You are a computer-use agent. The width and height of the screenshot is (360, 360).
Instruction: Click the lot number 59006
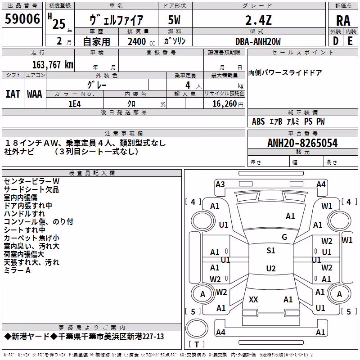22,19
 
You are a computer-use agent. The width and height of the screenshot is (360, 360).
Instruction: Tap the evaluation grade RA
343,21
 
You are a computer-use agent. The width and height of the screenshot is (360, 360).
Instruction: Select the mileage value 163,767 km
53,65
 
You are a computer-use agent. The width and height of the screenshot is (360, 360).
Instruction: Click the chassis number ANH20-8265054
302,143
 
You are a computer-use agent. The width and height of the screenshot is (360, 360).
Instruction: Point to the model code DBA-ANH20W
258,41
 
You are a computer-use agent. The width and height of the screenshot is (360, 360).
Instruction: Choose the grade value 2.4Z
258,20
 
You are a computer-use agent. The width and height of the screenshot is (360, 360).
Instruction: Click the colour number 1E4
75,104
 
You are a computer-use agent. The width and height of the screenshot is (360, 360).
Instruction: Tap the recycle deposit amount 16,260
225,104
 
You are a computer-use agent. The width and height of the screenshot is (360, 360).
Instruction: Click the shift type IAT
13,94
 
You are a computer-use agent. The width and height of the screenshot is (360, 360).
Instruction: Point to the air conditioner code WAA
35,94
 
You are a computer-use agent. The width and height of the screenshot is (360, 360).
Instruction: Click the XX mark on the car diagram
253,299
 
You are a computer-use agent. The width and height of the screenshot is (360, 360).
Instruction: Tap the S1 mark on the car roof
271,251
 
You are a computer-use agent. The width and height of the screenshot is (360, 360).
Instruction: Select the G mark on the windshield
284,237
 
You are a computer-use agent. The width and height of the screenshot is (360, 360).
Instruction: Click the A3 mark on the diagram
220,184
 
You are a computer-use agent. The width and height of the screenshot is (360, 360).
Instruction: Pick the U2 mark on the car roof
271,268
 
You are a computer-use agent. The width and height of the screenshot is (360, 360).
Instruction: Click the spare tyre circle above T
197,328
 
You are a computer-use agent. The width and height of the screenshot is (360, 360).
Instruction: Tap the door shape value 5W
174,20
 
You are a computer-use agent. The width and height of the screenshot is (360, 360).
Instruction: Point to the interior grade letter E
350,41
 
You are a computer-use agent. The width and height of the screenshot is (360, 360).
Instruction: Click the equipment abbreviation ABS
258,121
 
